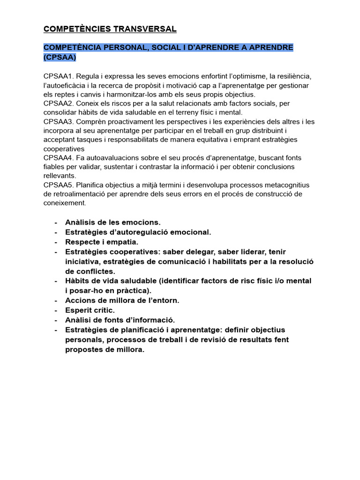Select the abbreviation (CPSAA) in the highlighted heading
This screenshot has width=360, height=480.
60,57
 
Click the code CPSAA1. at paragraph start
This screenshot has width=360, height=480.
59,76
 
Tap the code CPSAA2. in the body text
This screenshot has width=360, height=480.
59,104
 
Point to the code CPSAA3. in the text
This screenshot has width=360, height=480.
59,122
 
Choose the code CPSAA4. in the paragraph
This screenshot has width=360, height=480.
59,158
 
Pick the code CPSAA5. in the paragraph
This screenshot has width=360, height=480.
59,185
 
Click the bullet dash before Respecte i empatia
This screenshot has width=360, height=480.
56,242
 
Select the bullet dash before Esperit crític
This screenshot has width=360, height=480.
56,310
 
